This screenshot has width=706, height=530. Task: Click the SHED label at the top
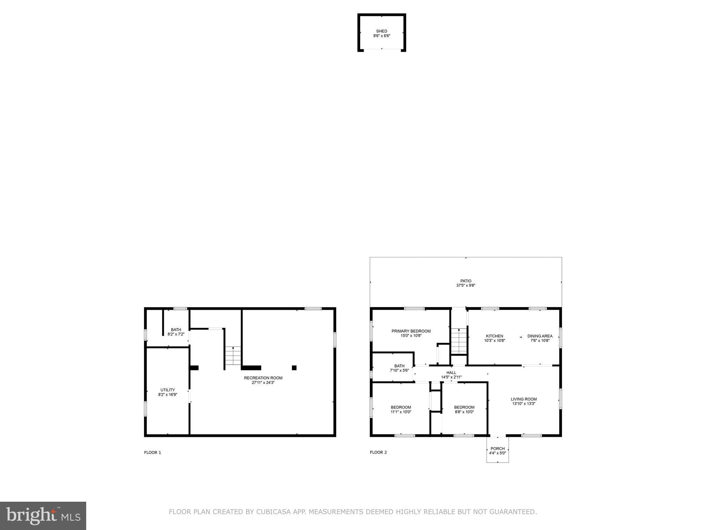tap(382, 31)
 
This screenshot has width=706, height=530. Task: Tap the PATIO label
tap(466, 281)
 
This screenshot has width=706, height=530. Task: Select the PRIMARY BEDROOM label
tap(411, 331)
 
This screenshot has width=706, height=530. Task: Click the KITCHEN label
tap(494, 336)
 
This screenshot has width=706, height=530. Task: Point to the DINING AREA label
tap(539, 336)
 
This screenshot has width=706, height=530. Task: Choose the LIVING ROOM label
tap(524, 399)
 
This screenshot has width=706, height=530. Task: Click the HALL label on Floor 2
tap(451, 373)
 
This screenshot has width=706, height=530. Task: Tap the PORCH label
tap(497, 449)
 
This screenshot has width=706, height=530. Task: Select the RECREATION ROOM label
tap(263, 378)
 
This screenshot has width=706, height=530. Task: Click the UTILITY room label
tap(168, 390)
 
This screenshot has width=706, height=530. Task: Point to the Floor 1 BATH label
tap(176, 330)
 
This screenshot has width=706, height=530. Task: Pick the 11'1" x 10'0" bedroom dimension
tap(401, 412)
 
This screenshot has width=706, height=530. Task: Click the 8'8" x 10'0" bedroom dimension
tap(464, 412)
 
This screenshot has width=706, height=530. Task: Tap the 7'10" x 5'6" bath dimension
tap(399, 370)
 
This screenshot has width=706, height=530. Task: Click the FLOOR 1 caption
tap(152, 452)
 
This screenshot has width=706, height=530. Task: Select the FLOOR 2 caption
tap(378, 452)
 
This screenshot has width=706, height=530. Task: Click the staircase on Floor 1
tap(233, 356)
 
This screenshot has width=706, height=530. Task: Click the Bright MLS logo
tap(43, 516)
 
